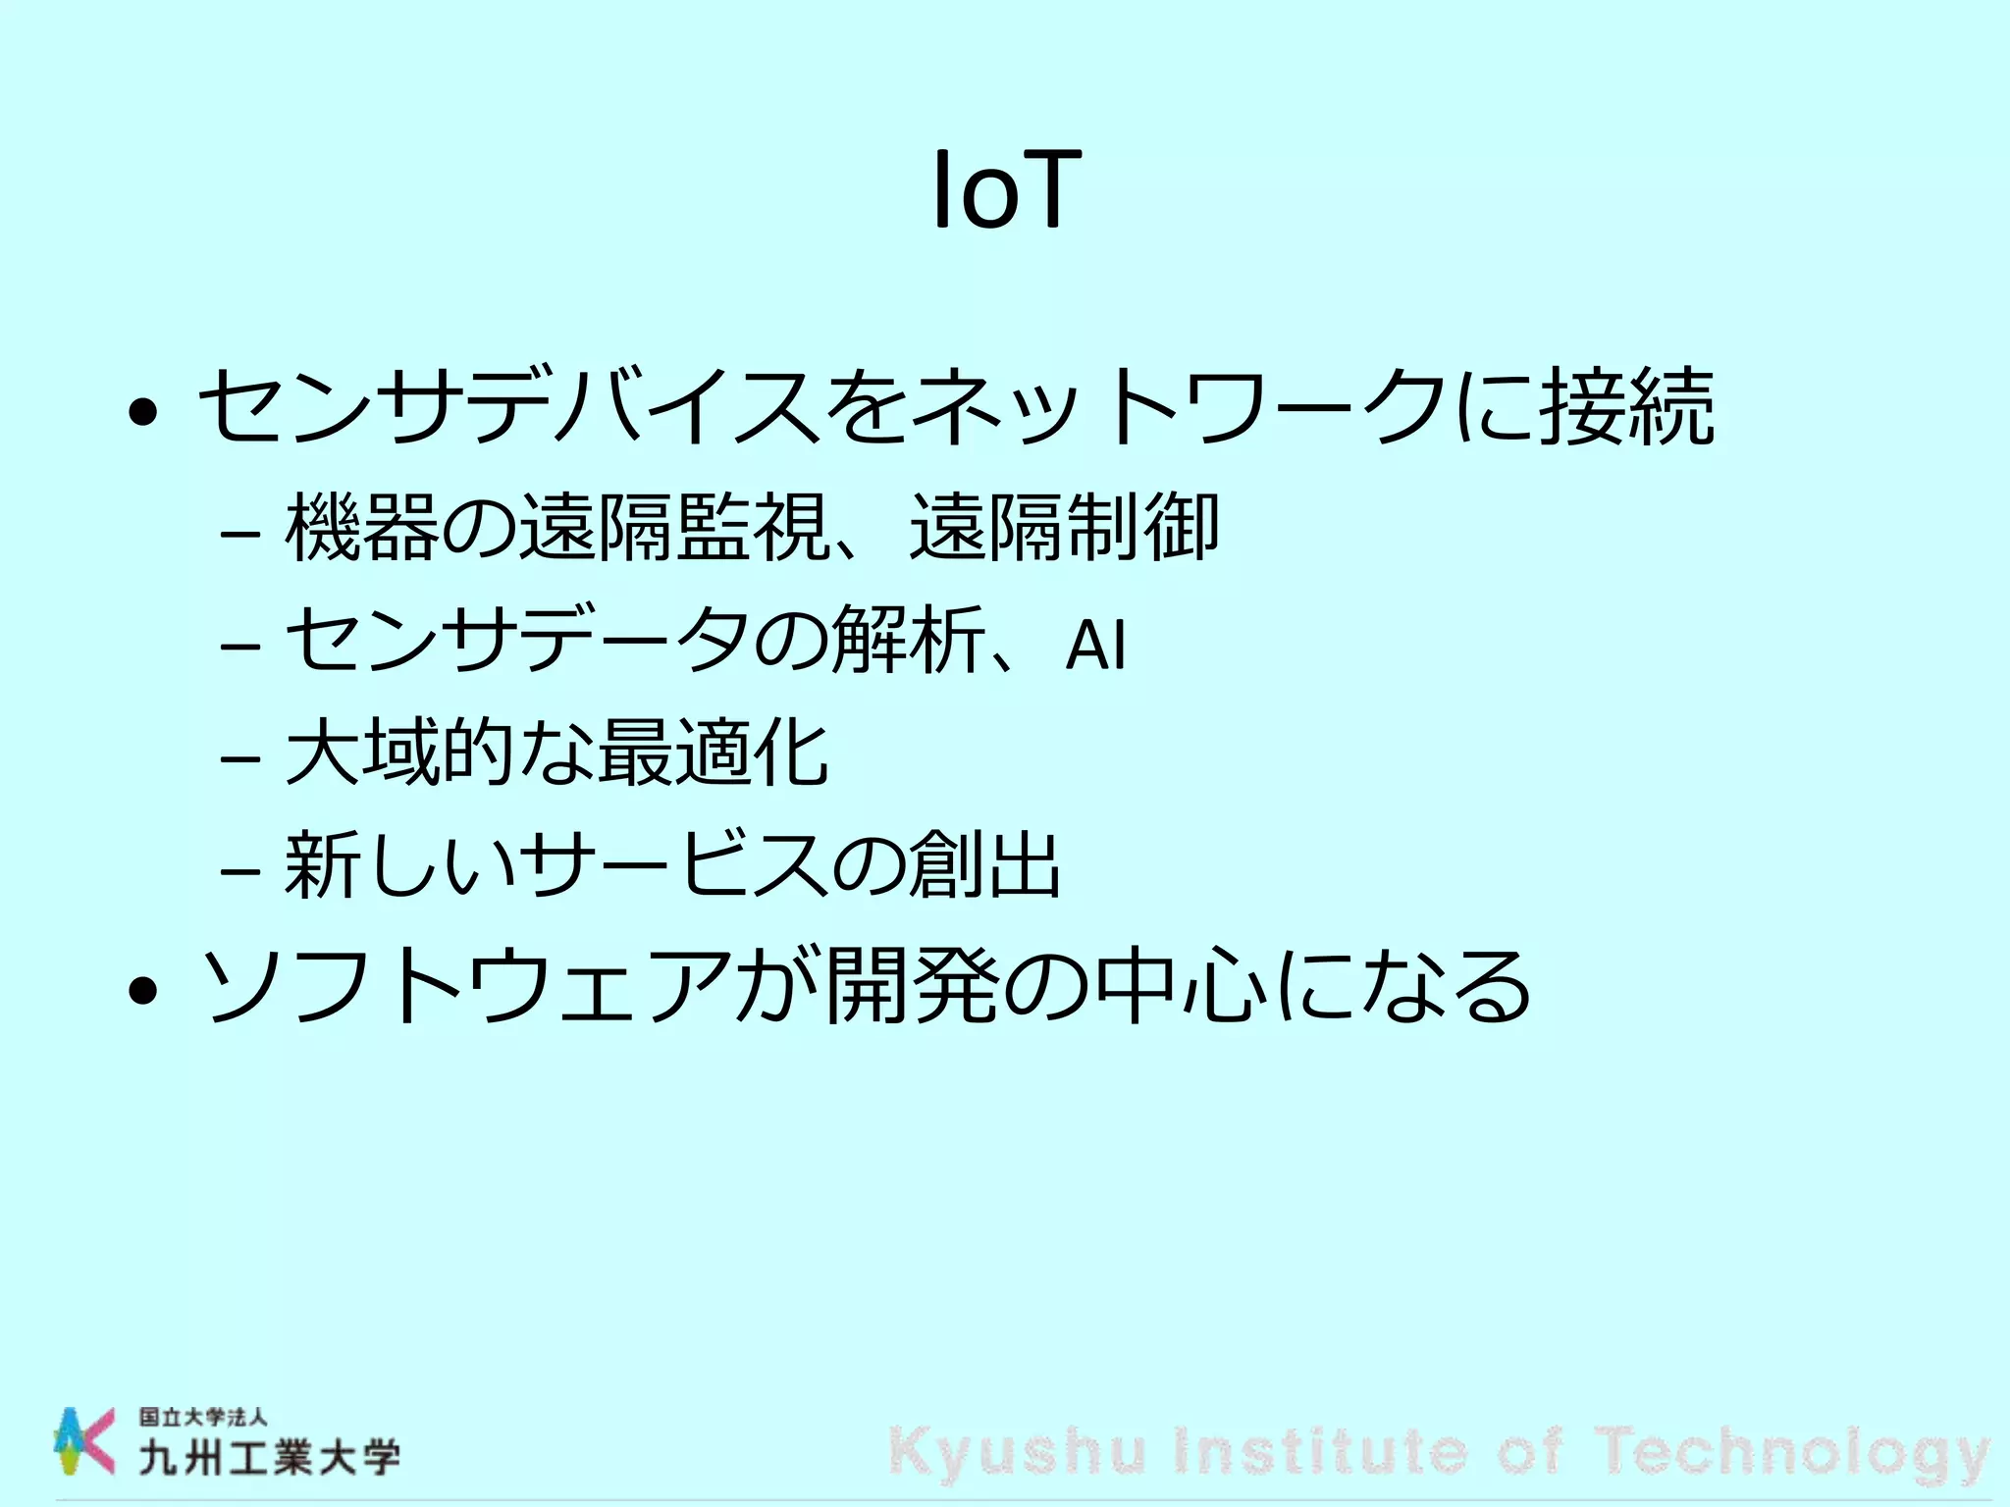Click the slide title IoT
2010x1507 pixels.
click(1005, 190)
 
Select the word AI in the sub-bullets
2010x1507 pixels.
click(1095, 645)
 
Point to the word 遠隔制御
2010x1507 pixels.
click(1065, 528)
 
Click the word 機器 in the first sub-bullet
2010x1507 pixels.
click(362, 528)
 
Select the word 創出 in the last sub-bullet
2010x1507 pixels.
click(984, 865)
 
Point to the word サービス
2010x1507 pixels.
click(674, 865)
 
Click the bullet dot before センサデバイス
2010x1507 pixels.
click(143, 412)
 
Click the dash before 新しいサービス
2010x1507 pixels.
click(240, 869)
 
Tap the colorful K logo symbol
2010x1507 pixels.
click(83, 1440)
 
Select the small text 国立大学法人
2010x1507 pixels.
click(203, 1418)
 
